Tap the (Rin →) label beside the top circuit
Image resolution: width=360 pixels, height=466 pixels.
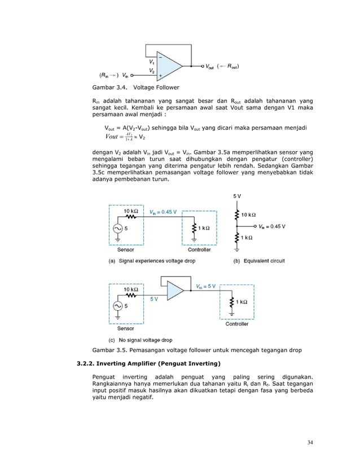(x=108, y=74)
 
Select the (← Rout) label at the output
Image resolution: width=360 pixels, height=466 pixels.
(x=229, y=66)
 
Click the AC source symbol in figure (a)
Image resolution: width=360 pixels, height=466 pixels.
(x=117, y=228)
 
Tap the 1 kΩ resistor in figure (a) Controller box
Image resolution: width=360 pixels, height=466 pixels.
(x=194, y=228)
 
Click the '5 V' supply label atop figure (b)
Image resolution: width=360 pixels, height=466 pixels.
(x=237, y=196)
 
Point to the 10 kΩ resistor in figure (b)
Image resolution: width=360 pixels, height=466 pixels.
(x=237, y=214)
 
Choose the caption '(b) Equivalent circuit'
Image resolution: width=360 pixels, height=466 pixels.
(x=260, y=261)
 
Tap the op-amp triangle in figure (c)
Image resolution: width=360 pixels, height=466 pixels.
(x=175, y=291)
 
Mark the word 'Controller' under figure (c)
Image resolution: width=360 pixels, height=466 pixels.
(x=237, y=324)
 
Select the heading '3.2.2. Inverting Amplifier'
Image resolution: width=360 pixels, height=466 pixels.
(x=148, y=362)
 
